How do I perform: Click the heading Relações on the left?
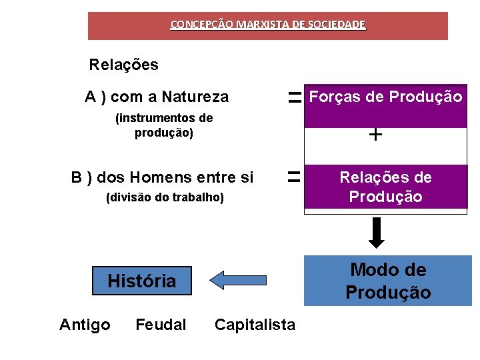(x=124, y=65)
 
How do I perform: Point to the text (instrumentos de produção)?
(x=164, y=125)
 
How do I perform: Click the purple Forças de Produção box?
(x=385, y=105)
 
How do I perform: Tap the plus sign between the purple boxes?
(x=375, y=135)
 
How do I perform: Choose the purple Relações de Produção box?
(x=385, y=187)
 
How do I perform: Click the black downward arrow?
(x=377, y=232)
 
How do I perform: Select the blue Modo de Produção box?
(x=387, y=281)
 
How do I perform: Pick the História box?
(x=142, y=281)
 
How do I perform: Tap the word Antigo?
(x=85, y=325)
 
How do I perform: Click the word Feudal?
(x=161, y=325)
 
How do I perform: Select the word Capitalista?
(x=255, y=325)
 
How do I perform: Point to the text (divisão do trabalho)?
(x=165, y=198)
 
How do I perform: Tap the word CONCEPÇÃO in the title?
(x=198, y=25)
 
